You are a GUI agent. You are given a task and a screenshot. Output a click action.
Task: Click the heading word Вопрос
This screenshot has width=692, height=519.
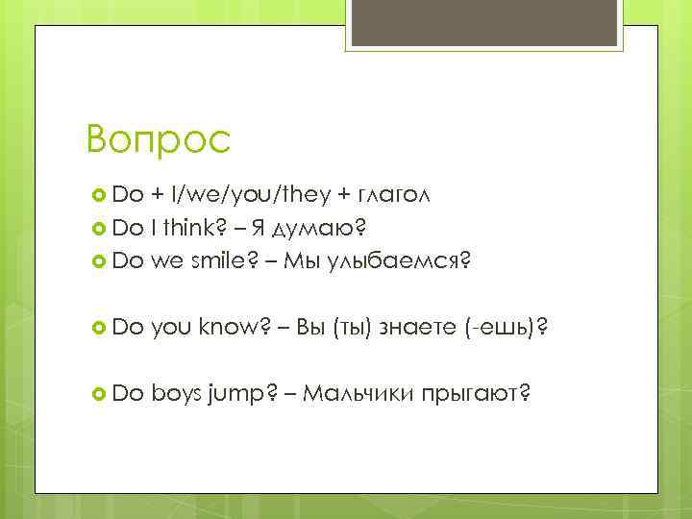coord(158,140)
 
